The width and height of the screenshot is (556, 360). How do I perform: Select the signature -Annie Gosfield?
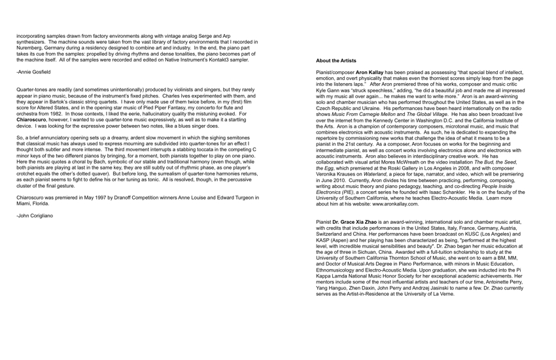(33, 71)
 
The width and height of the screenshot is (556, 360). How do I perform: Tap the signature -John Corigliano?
(35, 215)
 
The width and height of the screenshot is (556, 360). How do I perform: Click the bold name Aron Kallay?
(370, 72)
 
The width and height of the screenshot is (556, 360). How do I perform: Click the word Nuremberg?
(31, 48)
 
